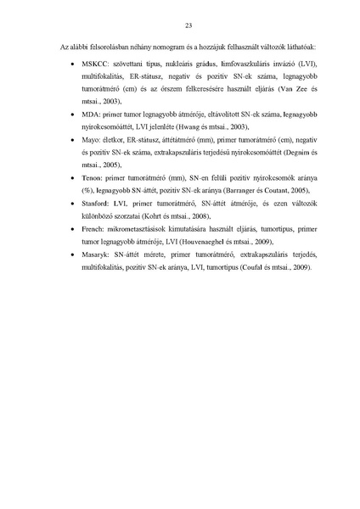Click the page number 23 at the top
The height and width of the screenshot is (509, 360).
(180, 25)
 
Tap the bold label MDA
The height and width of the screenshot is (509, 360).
(87, 112)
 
